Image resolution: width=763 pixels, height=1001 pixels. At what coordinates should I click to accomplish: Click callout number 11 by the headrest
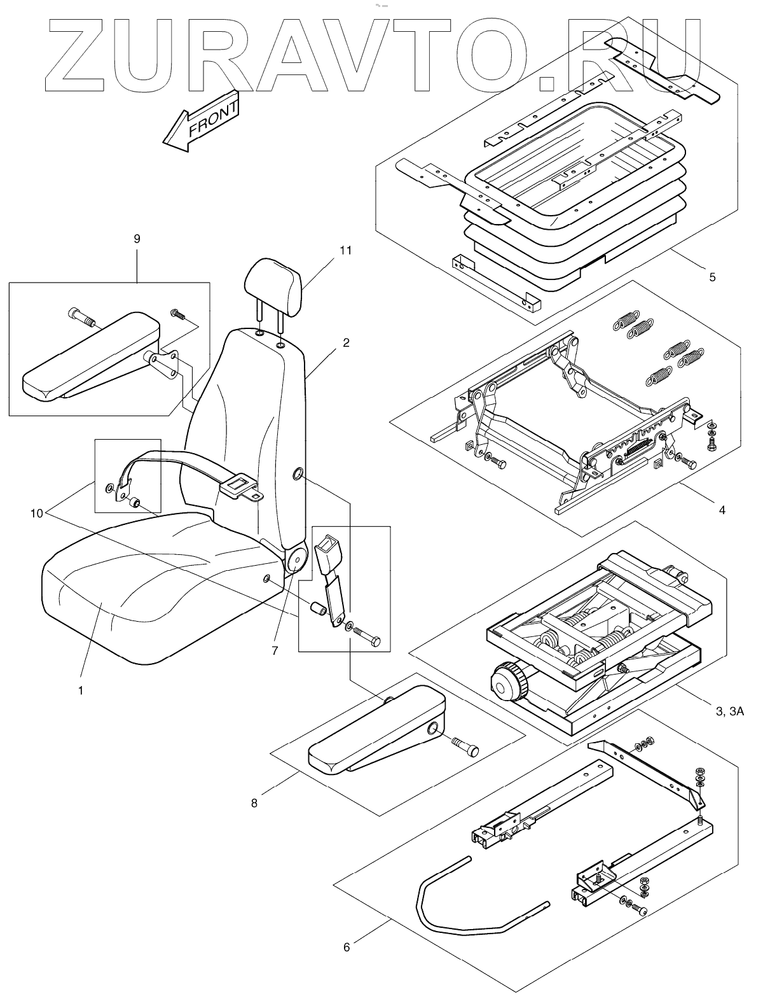[345, 251]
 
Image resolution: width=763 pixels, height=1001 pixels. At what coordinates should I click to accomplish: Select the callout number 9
[137, 239]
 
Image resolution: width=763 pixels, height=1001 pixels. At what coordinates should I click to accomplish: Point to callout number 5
[712, 277]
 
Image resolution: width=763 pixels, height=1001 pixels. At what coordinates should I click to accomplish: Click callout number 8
[254, 803]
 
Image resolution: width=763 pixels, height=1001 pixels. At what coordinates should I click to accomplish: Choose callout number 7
[275, 651]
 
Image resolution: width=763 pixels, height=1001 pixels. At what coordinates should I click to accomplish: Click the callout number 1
[81, 690]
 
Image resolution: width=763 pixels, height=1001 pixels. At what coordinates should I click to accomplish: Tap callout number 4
[721, 509]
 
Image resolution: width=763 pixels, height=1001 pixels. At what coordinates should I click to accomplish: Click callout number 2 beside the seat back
[346, 343]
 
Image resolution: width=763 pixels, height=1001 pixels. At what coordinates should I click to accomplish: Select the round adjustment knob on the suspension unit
[509, 680]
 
